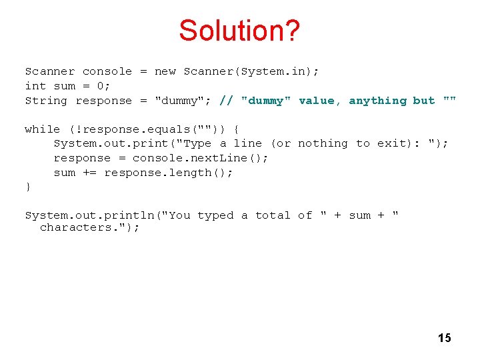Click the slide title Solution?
point(240,31)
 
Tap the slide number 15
point(444,338)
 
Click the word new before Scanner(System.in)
point(165,71)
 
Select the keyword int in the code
point(35,86)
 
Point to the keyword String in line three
point(46,101)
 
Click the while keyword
point(42,129)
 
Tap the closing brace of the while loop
point(28,187)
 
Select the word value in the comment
point(316,101)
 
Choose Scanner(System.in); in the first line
point(251,71)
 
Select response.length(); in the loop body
point(169,173)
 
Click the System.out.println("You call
point(107,215)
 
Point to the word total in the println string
point(273,215)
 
